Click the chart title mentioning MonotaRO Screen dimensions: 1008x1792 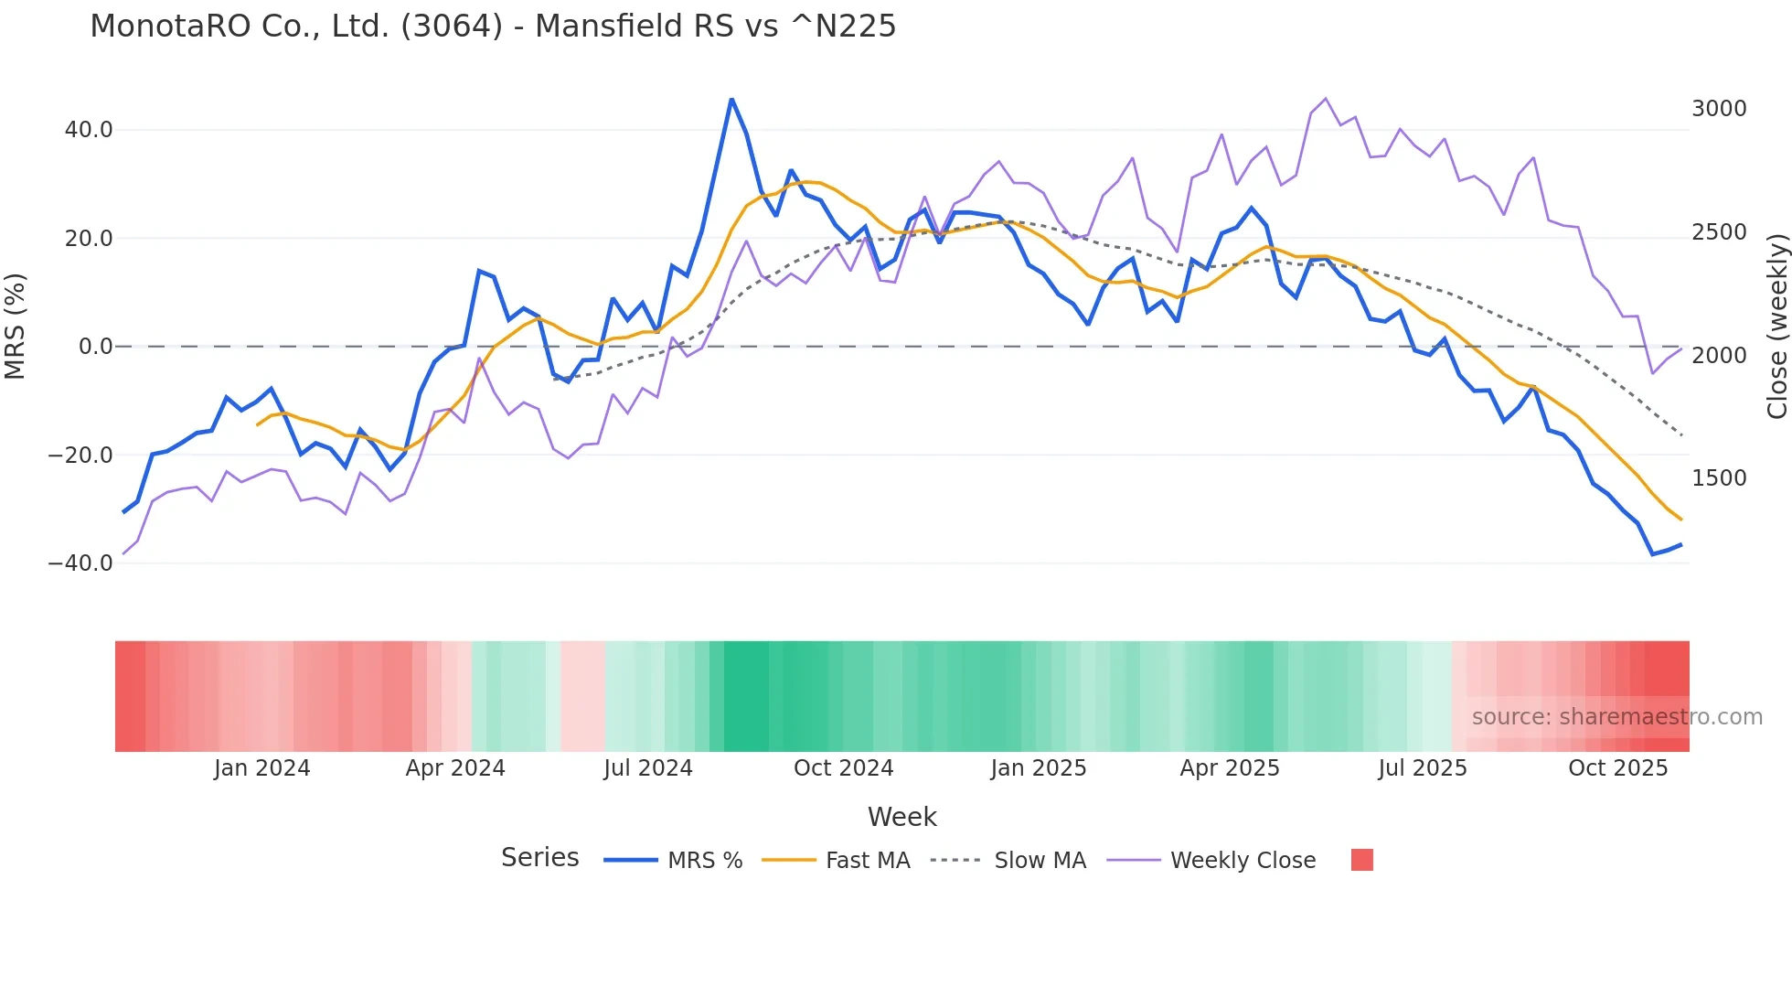493,27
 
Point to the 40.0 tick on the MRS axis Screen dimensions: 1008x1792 89,130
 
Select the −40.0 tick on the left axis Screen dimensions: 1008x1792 81,563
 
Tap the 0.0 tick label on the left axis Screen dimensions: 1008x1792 96,347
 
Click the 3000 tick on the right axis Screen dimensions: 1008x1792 1719,109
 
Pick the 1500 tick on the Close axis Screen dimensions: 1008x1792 1719,478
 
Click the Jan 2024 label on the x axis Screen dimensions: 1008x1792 262,768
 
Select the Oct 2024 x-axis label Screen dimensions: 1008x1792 843,768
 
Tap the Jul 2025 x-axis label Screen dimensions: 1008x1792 1423,768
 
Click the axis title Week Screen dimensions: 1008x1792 901,817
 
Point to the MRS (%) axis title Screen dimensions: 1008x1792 16,326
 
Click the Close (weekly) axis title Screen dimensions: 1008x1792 1776,326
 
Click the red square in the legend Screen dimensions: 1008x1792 1361,860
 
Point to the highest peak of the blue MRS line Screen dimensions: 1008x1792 731,99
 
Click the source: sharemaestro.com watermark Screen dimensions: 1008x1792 1616,717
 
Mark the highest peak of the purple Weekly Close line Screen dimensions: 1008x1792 1326,99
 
